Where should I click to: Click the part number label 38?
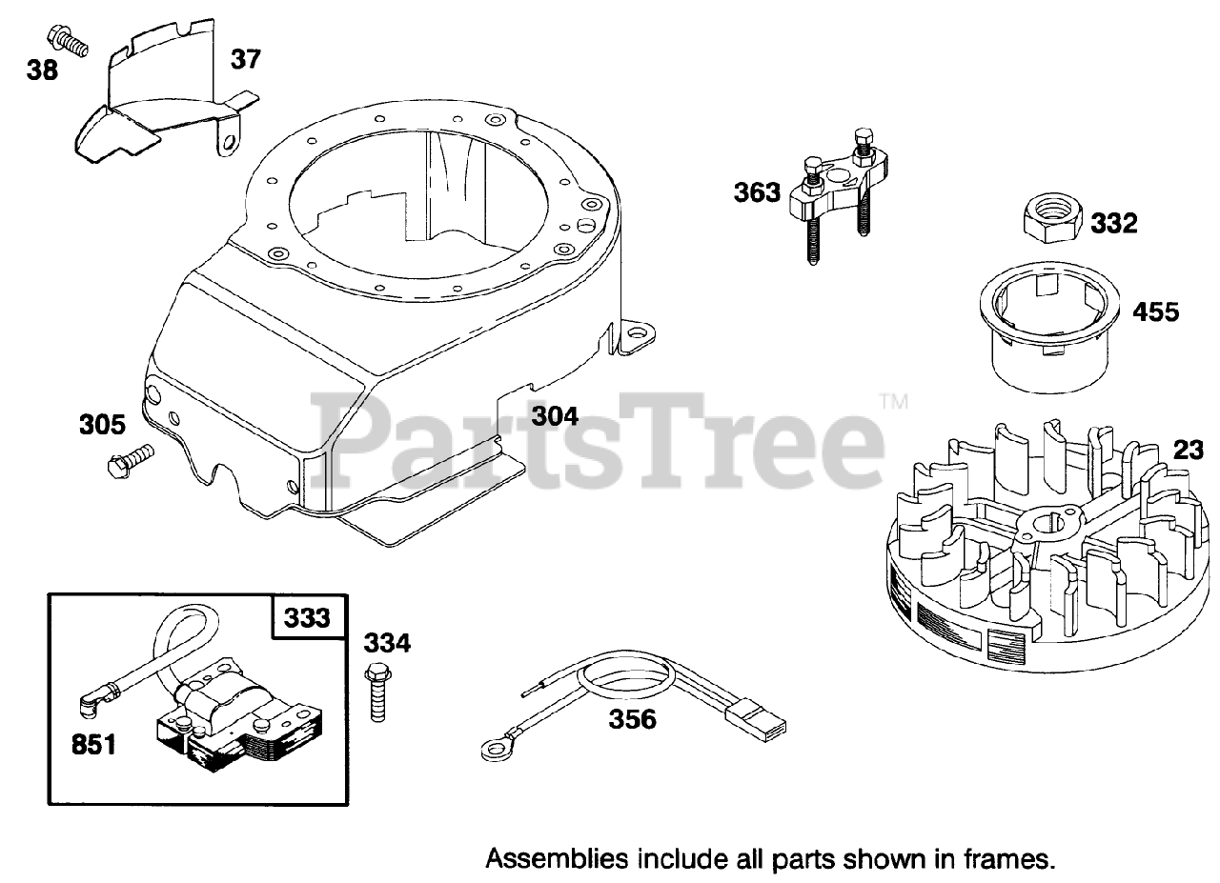click(43, 70)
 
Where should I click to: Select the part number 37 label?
click(245, 59)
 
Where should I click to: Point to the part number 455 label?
click(1155, 311)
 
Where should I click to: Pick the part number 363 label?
click(757, 192)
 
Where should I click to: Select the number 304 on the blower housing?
click(556, 415)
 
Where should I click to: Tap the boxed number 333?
click(307, 618)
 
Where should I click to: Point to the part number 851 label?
click(93, 743)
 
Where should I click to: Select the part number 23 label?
click(1188, 450)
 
